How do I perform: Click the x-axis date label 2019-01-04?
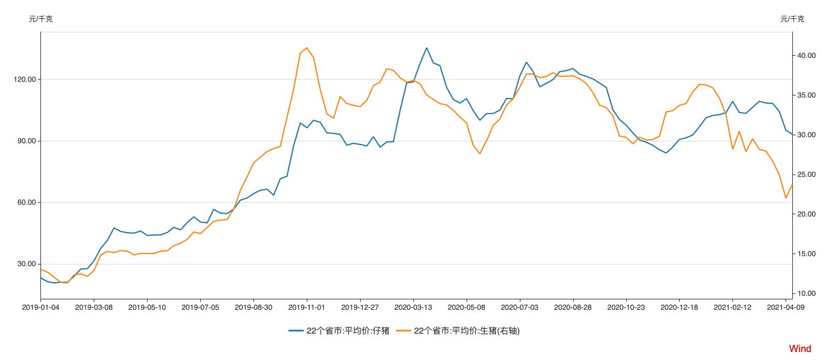click(41, 307)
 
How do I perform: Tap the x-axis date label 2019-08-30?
click(253, 307)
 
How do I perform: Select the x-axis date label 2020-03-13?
click(413, 307)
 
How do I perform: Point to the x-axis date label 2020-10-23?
click(626, 307)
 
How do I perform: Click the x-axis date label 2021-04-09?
click(786, 307)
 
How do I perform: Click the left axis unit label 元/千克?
click(40, 19)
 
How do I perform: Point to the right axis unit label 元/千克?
click(792, 19)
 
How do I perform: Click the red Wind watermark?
click(800, 349)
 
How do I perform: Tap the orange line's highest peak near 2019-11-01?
click(307, 48)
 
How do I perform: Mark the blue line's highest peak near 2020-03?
click(427, 48)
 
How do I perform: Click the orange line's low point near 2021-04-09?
click(786, 198)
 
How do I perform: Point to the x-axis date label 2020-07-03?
click(520, 307)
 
